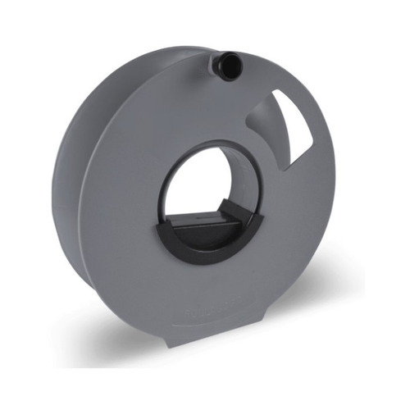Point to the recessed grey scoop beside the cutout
click(266, 123)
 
